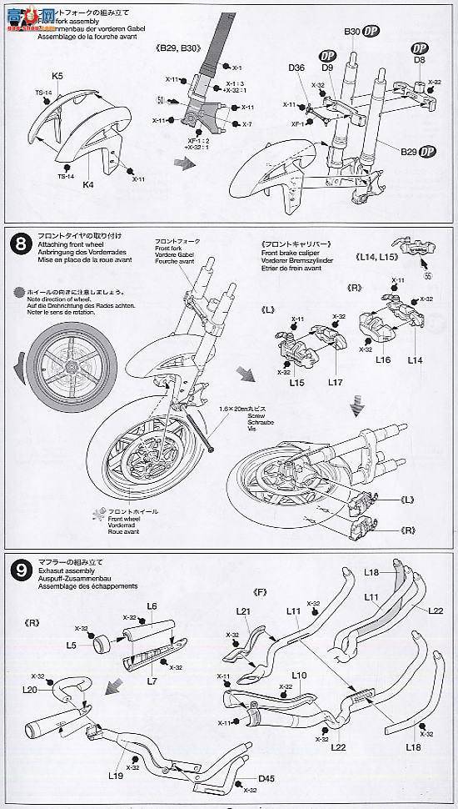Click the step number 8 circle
pos(20,244)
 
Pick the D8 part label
pos(418,59)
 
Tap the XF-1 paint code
pos(296,123)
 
